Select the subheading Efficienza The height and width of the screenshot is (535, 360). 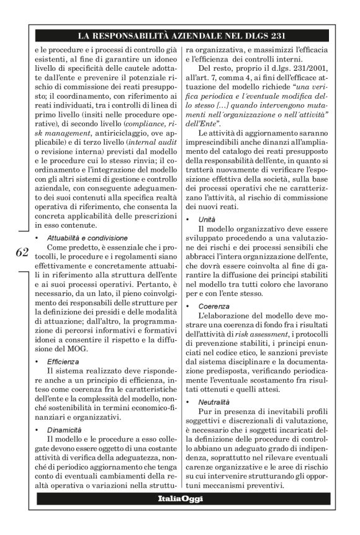click(63, 361)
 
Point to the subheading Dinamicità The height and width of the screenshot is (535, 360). click(65, 429)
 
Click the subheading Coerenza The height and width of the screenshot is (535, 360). click(214, 306)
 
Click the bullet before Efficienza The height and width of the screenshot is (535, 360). click(38, 361)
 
